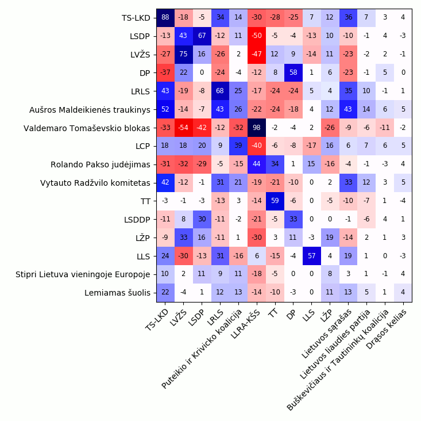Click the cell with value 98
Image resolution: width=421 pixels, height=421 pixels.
pyautogui.click(x=256, y=128)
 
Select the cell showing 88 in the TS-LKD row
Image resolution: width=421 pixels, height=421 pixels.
pyautogui.click(x=165, y=17)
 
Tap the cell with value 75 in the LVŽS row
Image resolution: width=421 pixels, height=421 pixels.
pyautogui.click(x=183, y=54)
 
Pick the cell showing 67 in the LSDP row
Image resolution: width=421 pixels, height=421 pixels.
pyautogui.click(x=202, y=36)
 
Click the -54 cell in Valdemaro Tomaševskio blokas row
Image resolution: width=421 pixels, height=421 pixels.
pyautogui.click(x=183, y=128)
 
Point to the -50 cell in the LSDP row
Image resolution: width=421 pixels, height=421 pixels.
pyautogui.click(x=256, y=36)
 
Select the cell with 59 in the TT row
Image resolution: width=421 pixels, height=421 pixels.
pyautogui.click(x=275, y=201)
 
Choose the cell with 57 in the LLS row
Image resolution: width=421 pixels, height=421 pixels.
pyautogui.click(x=311, y=256)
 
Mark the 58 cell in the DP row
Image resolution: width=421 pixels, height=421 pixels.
pyautogui.click(x=293, y=72)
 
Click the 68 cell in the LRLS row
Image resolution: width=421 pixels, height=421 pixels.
pyautogui.click(x=220, y=91)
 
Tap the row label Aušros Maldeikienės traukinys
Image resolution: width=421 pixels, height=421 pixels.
pyautogui.click(x=90, y=109)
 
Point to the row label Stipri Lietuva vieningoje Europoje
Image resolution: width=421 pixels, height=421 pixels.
pyautogui.click(x=83, y=274)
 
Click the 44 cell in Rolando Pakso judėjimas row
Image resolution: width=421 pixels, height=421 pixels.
pyautogui.click(x=256, y=164)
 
